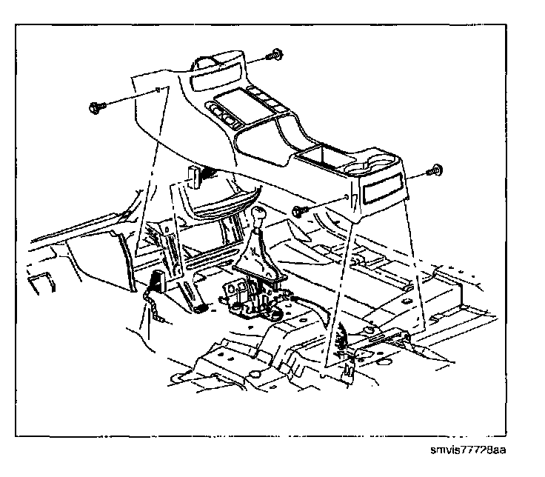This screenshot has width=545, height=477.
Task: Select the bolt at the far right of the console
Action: (436, 171)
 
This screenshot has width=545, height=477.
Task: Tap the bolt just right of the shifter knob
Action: (298, 212)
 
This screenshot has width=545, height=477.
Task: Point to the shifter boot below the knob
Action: (257, 256)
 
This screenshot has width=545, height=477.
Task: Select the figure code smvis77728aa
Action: (470, 450)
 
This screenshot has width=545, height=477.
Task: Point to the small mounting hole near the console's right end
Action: (347, 199)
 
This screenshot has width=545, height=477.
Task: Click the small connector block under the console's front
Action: (195, 176)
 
